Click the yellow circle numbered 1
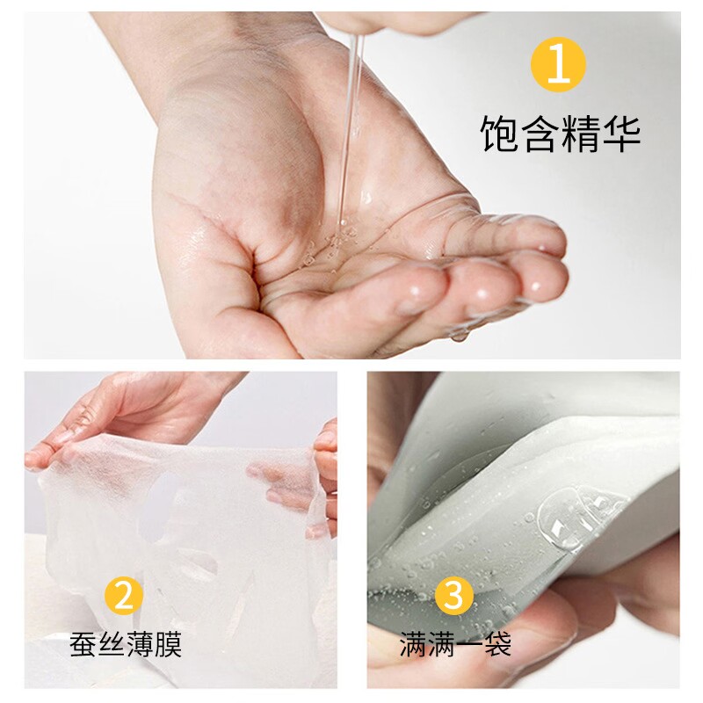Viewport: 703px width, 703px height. [558, 64]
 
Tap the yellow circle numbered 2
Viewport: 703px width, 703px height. [124, 596]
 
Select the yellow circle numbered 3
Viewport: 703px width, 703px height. [454, 595]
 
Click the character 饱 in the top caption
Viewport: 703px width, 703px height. [499, 134]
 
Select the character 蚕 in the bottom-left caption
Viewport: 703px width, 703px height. [83, 645]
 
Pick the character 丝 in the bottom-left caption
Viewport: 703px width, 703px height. [112, 645]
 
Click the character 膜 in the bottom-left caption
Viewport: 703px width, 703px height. [168, 645]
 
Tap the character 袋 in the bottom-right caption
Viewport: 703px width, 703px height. [497, 644]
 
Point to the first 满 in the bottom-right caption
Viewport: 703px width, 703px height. [413, 644]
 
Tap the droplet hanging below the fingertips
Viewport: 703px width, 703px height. [459, 335]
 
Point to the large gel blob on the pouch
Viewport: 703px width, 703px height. [566, 517]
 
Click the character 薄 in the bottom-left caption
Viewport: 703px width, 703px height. [140, 645]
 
